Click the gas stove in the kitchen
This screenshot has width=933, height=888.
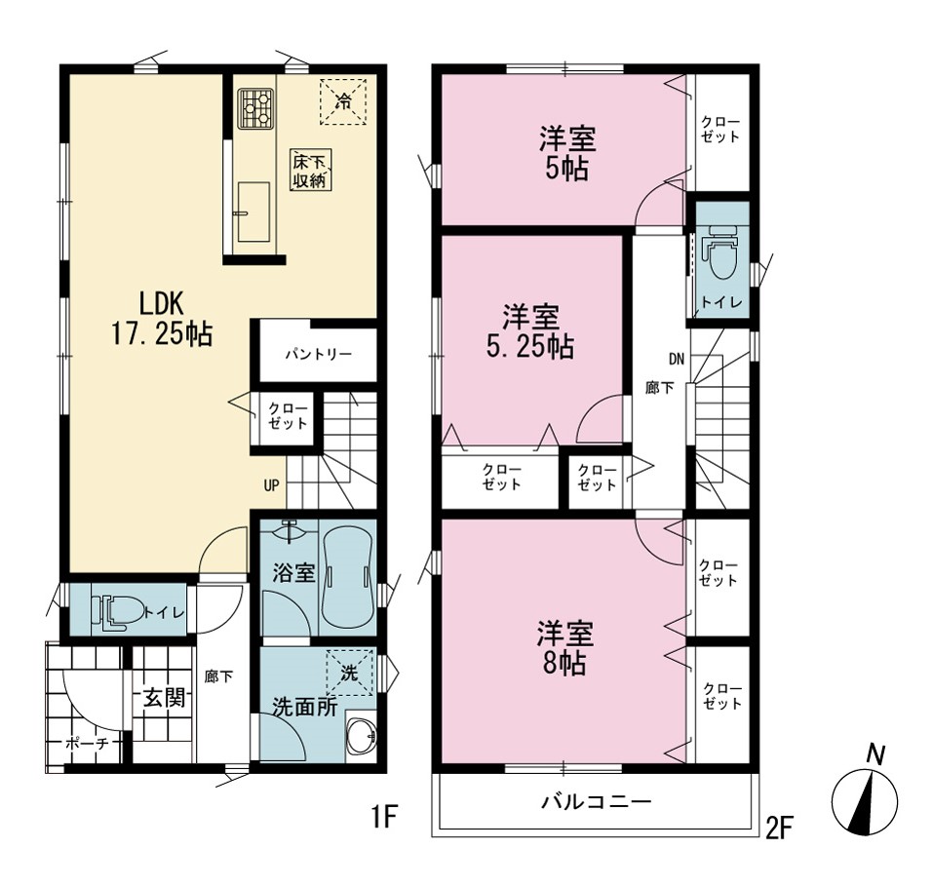[x=256, y=108]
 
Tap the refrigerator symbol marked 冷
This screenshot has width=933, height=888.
[x=344, y=101]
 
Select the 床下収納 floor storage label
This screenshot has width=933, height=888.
[x=311, y=171]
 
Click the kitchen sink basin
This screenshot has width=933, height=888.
[x=253, y=212]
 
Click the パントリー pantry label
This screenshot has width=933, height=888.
[x=319, y=355]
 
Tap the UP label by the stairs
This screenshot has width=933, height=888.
[x=271, y=486]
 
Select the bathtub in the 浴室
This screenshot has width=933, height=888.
[x=347, y=575]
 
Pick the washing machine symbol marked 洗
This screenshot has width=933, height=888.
[x=349, y=673]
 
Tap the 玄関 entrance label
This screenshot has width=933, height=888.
[x=164, y=698]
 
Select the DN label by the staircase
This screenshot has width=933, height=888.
[x=677, y=359]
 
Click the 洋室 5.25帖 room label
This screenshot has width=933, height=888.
[x=530, y=331]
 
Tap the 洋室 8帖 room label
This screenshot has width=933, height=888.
[x=564, y=648]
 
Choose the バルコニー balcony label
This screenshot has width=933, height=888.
[x=597, y=802]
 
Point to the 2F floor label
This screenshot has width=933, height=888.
[x=780, y=829]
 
